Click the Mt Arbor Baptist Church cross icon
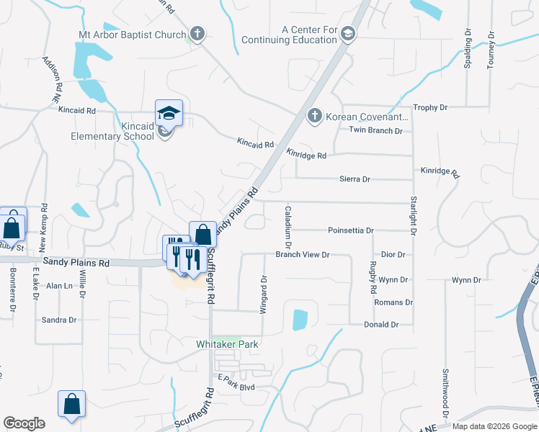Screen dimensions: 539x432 pyautogui.click(x=197, y=34)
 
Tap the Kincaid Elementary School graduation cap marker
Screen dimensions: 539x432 pyautogui.click(x=169, y=113)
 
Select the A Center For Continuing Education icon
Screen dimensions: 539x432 pyautogui.click(x=349, y=35)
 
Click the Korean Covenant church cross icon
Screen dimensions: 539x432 pyautogui.click(x=314, y=116)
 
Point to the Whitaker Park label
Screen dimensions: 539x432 pyautogui.click(x=227, y=345)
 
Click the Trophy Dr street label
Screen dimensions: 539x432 pyautogui.click(x=430, y=107)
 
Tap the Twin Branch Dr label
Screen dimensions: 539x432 pyautogui.click(x=375, y=130)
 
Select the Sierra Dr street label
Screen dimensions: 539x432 pyautogui.click(x=355, y=179)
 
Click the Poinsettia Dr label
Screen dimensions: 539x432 pyautogui.click(x=351, y=230)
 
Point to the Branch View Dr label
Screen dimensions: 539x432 pyautogui.click(x=302, y=254)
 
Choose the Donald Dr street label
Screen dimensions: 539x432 pyautogui.click(x=380, y=325)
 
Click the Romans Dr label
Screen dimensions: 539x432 pyautogui.click(x=393, y=302)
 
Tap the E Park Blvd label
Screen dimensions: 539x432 pyautogui.click(x=236, y=387)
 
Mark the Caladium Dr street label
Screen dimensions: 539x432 pyautogui.click(x=288, y=222)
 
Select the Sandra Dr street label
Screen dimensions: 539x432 pyautogui.click(x=59, y=320)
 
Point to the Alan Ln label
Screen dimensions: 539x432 pyautogui.click(x=60, y=285)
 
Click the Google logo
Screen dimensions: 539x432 pyautogui.click(x=24, y=423)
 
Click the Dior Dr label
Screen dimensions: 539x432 pyautogui.click(x=393, y=254)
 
